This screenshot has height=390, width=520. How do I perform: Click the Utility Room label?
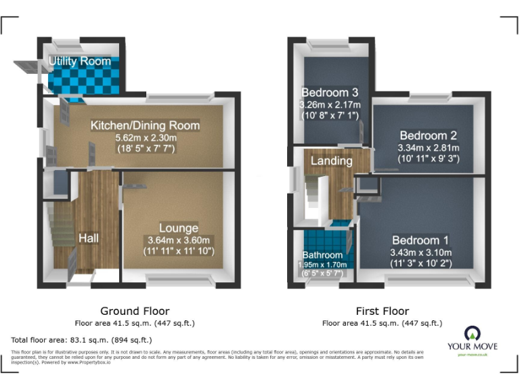click(x=79, y=62)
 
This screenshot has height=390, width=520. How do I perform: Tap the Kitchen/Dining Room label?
click(x=146, y=125)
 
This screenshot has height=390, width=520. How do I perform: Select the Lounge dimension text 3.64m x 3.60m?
click(x=178, y=240)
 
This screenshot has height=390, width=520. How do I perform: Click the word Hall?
click(x=89, y=238)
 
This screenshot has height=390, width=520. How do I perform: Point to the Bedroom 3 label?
click(x=330, y=93)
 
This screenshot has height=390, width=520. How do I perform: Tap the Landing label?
click(x=331, y=161)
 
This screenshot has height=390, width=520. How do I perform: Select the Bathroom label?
click(x=322, y=255)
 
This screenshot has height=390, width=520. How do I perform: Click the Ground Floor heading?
click(x=135, y=311)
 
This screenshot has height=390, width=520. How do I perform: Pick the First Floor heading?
click(x=383, y=311)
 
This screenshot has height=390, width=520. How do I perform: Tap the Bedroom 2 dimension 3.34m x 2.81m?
click(x=428, y=148)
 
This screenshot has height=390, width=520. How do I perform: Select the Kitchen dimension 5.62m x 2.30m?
click(x=146, y=137)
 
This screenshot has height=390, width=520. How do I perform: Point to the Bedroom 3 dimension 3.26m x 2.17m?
click(x=330, y=105)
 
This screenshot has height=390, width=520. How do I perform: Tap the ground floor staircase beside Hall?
click(x=60, y=240)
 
